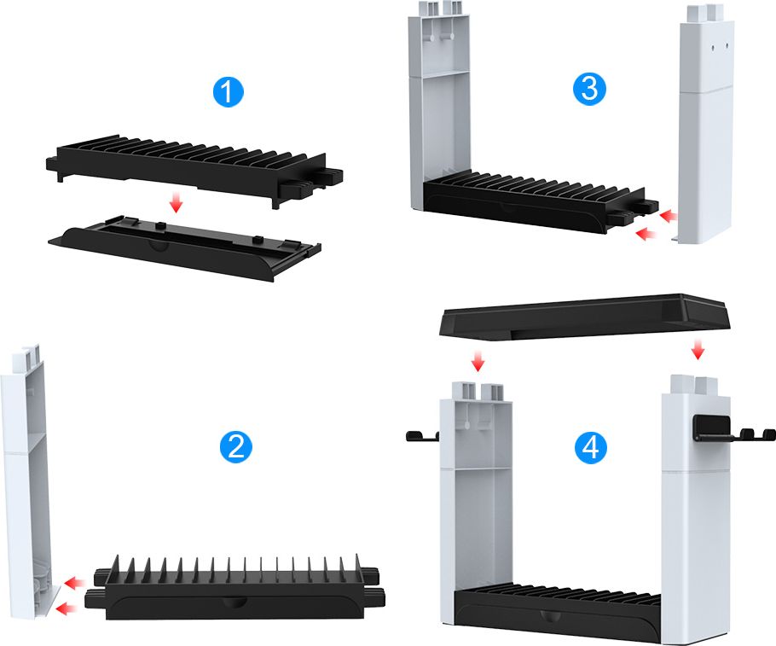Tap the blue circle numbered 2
pos(235,446)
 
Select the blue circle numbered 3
pos(589,89)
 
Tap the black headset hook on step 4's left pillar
pos(420,437)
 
